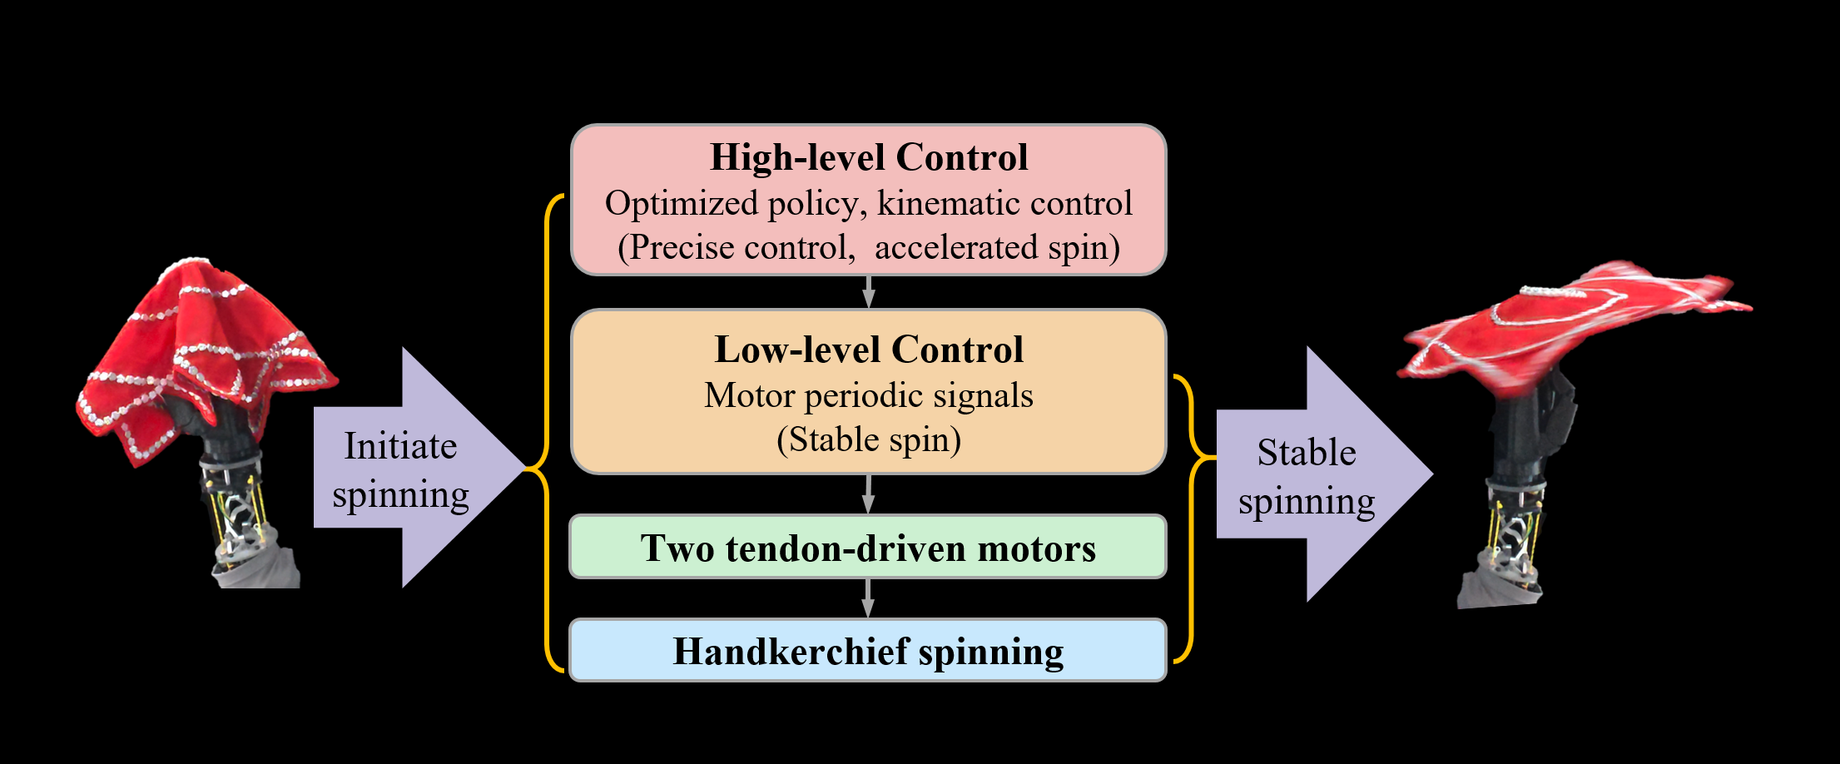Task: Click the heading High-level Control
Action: (x=868, y=157)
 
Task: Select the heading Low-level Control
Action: (x=868, y=350)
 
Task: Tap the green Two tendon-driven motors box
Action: (x=868, y=548)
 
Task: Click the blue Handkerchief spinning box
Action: (x=868, y=651)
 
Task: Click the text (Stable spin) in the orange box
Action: (x=868, y=439)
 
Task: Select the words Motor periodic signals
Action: (x=868, y=395)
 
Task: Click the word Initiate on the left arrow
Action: (x=400, y=446)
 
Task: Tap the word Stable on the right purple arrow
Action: (x=1306, y=453)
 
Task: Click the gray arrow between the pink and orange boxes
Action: (x=868, y=292)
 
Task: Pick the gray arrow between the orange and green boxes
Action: (x=868, y=494)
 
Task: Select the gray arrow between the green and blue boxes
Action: (x=868, y=598)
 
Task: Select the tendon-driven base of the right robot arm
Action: (x=1510, y=533)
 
